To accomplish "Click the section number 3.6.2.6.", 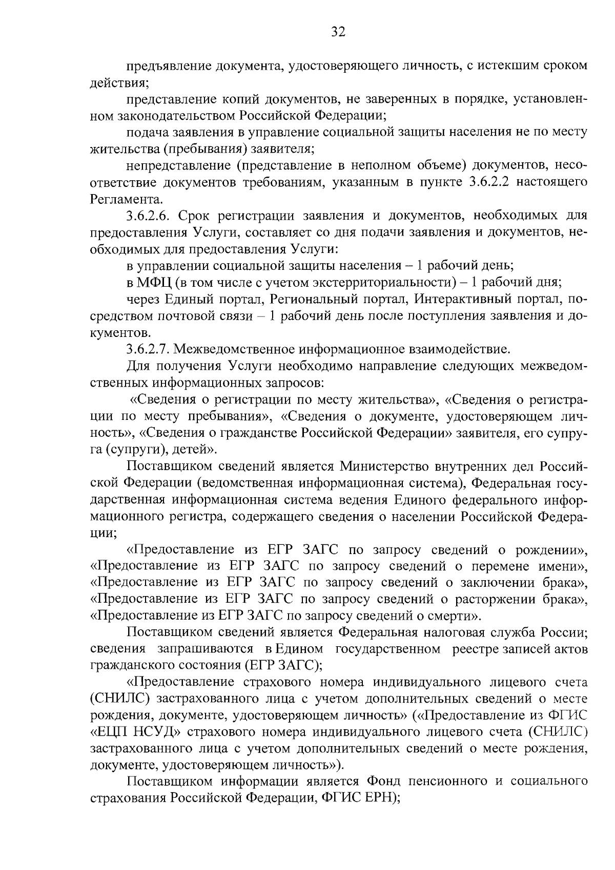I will pyautogui.click(x=149, y=216).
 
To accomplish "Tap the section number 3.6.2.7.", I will pyautogui.click(x=149, y=350).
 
